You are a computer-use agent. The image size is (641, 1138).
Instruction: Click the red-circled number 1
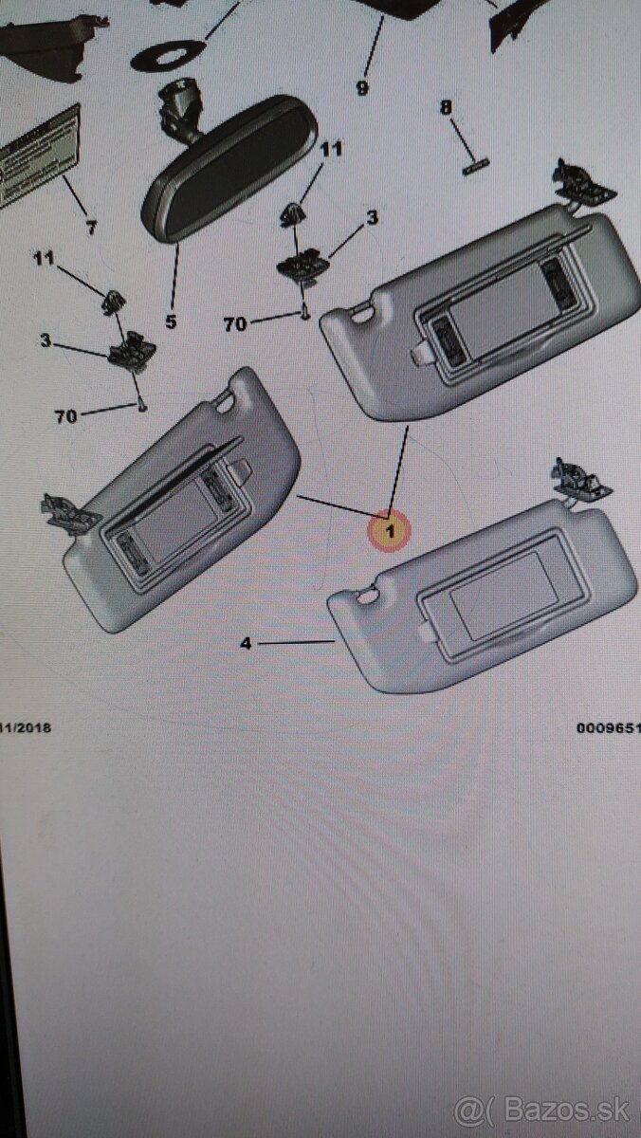[391, 531]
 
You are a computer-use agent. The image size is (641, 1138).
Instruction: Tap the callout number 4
[246, 644]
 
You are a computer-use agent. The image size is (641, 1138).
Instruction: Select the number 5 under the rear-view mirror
[171, 321]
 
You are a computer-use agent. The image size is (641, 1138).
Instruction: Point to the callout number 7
[91, 228]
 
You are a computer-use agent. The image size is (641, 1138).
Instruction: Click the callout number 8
[446, 107]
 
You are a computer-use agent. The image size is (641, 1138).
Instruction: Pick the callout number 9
[362, 88]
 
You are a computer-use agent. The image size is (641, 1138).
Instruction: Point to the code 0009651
[608, 728]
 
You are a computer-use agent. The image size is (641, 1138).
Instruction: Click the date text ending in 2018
[27, 728]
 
